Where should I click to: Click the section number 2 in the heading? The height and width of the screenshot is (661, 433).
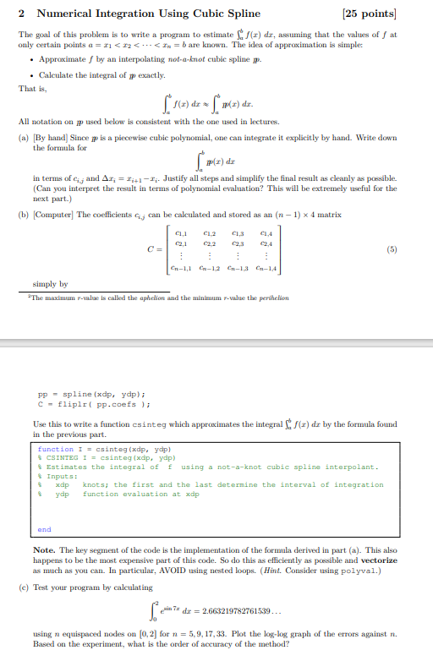pyautogui.click(x=20, y=14)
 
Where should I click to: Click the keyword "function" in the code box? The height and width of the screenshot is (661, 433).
pyautogui.click(x=56, y=449)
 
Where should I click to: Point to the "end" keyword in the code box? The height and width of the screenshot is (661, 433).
pyautogui.click(x=45, y=529)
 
